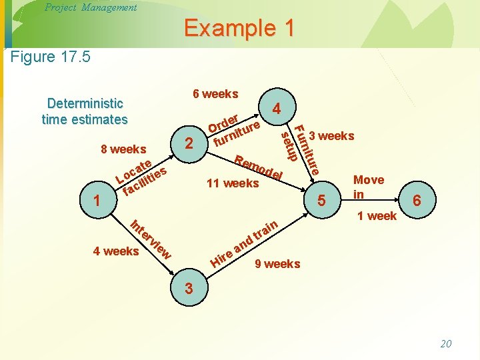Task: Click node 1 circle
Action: (98, 199)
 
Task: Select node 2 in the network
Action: (190, 143)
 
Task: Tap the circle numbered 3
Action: (189, 289)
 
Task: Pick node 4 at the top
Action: (275, 107)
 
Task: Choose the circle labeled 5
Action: (321, 199)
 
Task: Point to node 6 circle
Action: (416, 199)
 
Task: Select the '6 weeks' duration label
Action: (215, 94)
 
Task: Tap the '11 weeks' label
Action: (233, 183)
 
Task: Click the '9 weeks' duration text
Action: (278, 264)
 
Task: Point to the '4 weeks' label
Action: (116, 251)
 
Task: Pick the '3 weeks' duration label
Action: (331, 136)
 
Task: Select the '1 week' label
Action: (377, 215)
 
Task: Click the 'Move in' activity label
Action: (368, 187)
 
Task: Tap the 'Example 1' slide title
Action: (239, 28)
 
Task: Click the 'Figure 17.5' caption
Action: (51, 56)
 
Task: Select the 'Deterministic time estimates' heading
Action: (85, 111)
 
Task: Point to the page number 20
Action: (446, 343)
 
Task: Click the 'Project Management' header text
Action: (90, 7)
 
